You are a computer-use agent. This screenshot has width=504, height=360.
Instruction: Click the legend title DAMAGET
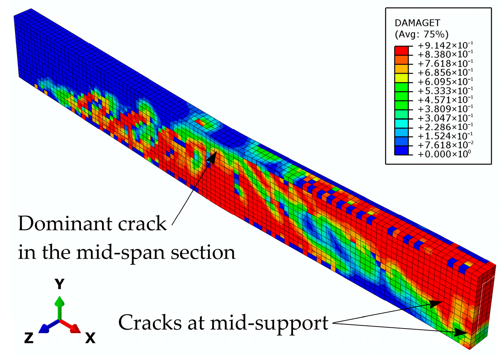417,24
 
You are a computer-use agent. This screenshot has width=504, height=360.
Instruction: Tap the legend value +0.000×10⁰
444,154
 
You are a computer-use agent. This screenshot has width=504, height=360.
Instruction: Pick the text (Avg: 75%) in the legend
422,35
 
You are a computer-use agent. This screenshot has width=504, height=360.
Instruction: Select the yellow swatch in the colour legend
402,77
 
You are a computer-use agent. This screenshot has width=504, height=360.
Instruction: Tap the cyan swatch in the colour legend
402,123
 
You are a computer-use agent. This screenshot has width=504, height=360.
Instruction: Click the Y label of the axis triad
60,284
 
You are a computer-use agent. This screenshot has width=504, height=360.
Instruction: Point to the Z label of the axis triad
29,337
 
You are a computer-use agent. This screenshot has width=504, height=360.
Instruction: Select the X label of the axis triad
90,337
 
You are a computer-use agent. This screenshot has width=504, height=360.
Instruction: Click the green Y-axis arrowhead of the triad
60,302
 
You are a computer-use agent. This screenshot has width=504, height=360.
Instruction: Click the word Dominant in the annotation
63,224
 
